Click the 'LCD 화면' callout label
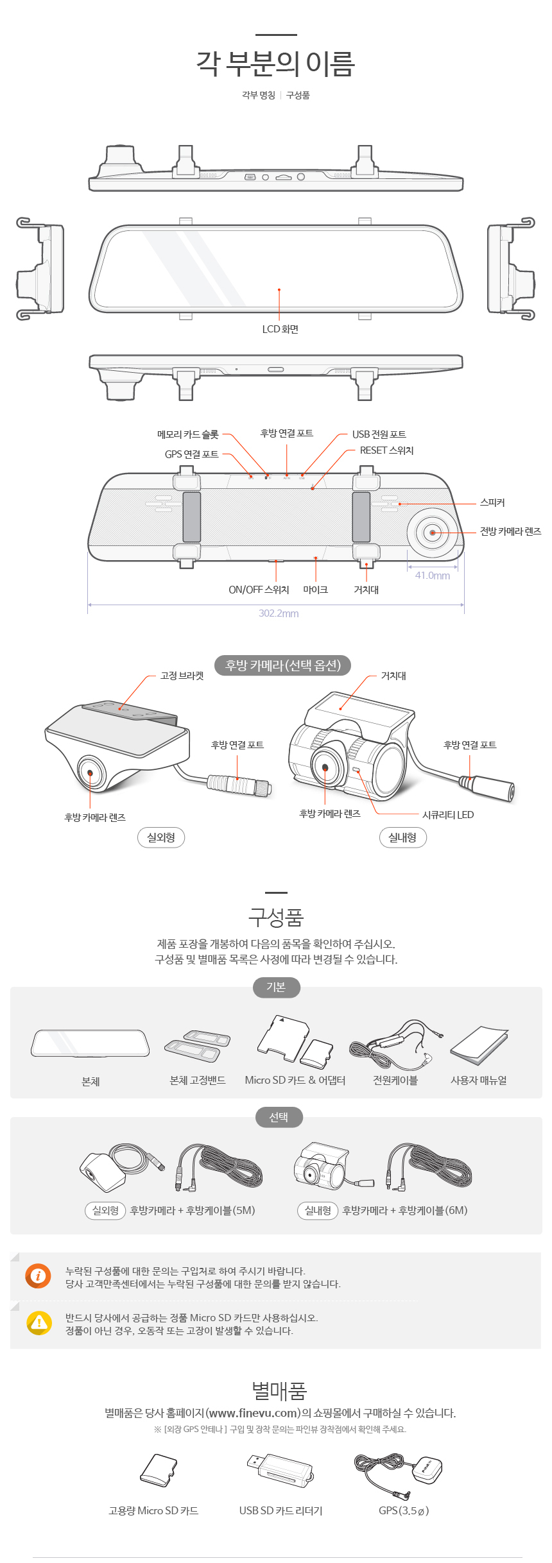tap(280, 329)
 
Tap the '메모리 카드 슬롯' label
tap(188, 434)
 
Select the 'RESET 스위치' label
tap(386, 450)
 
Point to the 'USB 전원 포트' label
tap(379, 434)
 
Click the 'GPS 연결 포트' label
tap(191, 454)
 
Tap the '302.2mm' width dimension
tap(279, 613)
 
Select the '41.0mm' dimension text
tap(433, 576)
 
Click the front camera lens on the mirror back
tap(433, 533)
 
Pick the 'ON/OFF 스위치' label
tap(259, 590)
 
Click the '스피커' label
tap(492, 502)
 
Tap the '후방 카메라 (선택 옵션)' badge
tap(282, 665)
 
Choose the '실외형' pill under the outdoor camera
tap(161, 837)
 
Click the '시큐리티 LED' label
tap(448, 815)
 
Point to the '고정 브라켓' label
tap(182, 676)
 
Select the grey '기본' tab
tap(276, 987)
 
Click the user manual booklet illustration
tap(479, 1045)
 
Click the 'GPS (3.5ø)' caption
tap(404, 1510)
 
